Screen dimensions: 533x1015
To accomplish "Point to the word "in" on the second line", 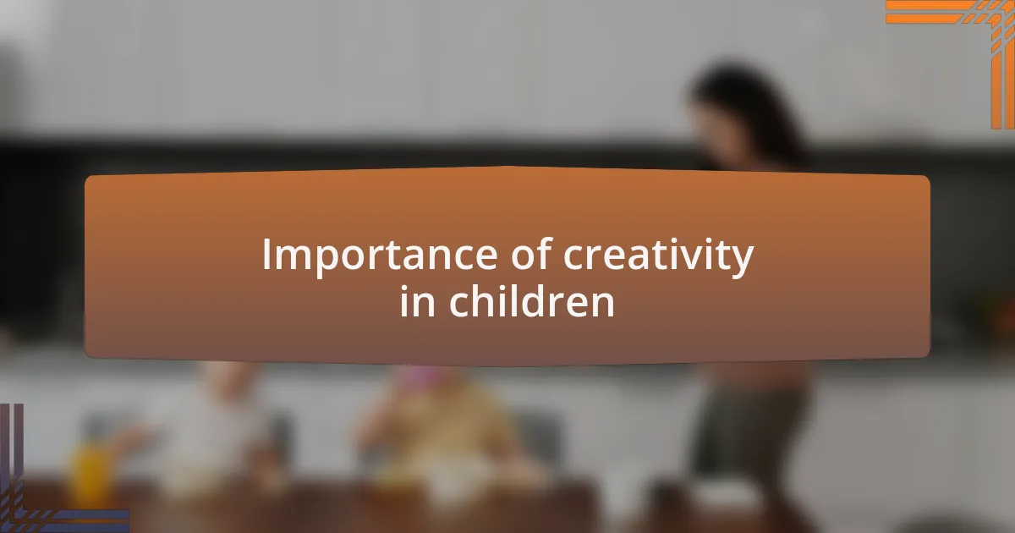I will (416, 302).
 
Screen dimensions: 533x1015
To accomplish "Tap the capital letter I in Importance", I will (266, 255).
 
